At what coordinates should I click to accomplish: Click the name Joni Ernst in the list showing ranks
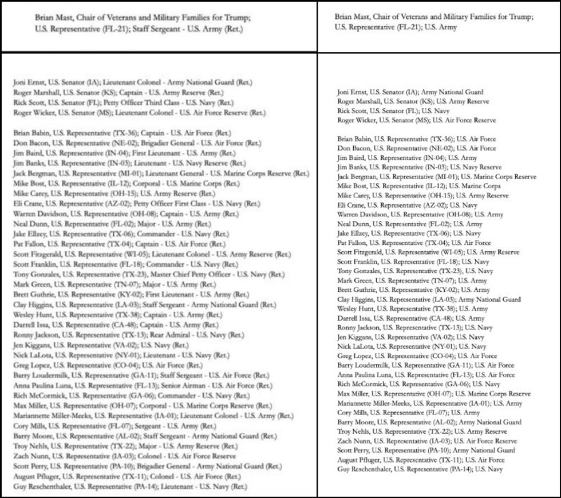[x=28, y=82]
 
